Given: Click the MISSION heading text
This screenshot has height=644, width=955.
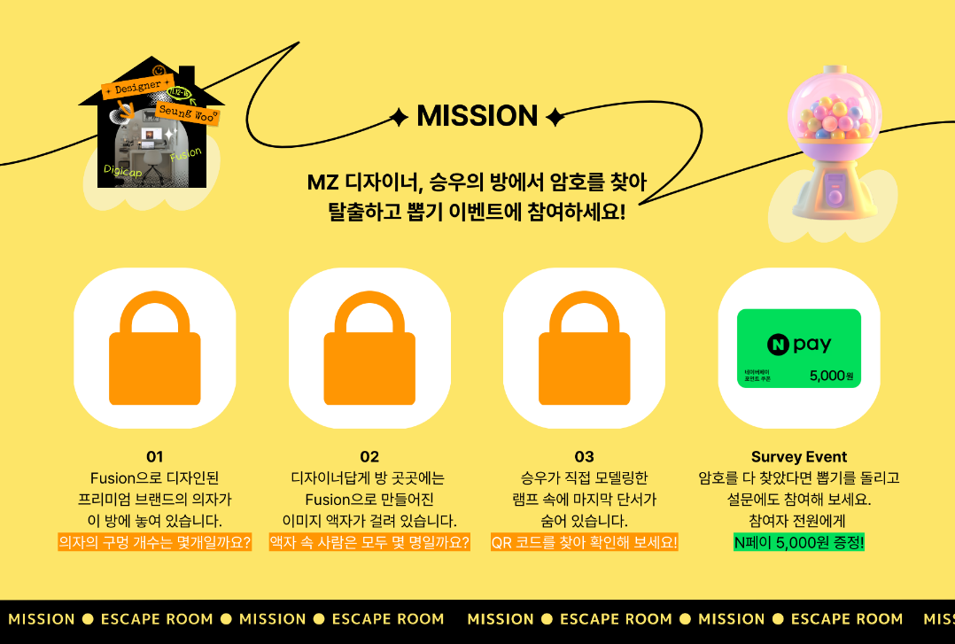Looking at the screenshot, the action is click(x=477, y=116).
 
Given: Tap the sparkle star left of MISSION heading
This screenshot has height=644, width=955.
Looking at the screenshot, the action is click(x=400, y=117).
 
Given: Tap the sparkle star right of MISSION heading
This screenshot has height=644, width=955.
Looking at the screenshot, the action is click(x=555, y=117).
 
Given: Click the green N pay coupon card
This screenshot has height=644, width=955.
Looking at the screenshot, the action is click(x=799, y=348).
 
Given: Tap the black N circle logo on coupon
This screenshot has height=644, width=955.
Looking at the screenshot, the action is click(x=778, y=345).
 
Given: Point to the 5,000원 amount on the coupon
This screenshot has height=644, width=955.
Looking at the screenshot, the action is click(x=831, y=376).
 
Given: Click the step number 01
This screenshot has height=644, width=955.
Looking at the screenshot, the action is click(x=155, y=457).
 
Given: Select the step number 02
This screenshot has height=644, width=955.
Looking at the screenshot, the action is click(x=369, y=457).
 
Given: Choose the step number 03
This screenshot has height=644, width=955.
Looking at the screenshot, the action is click(x=584, y=457).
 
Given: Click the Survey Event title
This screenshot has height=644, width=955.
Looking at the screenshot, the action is click(x=799, y=457).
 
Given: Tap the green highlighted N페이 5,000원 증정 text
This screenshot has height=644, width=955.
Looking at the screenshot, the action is click(x=799, y=542).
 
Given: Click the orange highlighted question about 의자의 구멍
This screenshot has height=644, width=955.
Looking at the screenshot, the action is click(x=155, y=542).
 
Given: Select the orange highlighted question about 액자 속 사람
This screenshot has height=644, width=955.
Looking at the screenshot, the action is click(x=369, y=542).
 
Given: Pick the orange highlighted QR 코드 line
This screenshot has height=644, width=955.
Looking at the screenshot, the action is click(x=584, y=542).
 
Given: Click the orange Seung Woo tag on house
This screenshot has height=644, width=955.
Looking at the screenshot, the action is click(x=187, y=113).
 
